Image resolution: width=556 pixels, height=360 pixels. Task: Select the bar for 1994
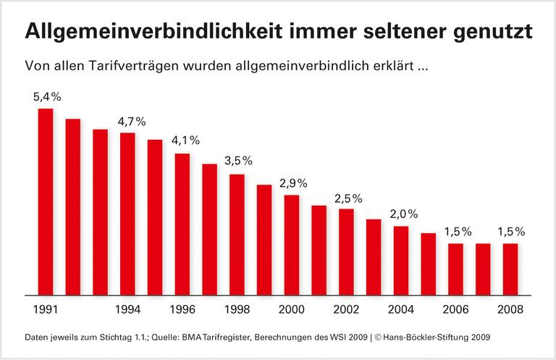[x=127, y=214]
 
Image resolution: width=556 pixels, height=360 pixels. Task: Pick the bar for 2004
[x=401, y=261]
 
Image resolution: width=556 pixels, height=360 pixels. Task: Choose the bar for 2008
[x=510, y=269]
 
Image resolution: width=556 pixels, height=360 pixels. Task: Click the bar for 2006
[x=455, y=269]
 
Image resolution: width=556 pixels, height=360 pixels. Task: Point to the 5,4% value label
[x=46, y=96]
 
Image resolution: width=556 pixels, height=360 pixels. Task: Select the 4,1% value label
[x=185, y=141]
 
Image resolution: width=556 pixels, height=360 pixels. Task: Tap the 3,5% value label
[x=240, y=161]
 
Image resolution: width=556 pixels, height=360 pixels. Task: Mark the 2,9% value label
[x=294, y=183]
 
